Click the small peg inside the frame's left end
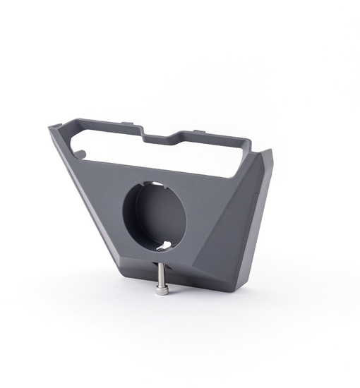point(81,150)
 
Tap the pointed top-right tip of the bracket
point(271,147)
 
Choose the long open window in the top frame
point(169,152)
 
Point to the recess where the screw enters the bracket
point(162,262)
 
